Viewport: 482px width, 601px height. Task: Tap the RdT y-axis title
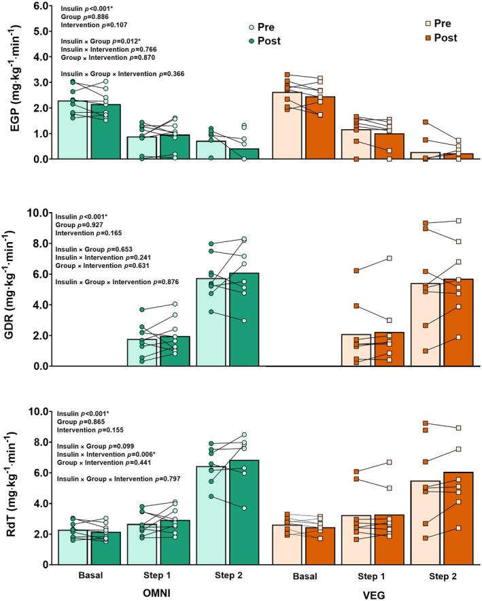pyautogui.click(x=14, y=488)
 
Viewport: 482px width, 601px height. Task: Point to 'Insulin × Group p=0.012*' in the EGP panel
pyautogui.click(x=99, y=41)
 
